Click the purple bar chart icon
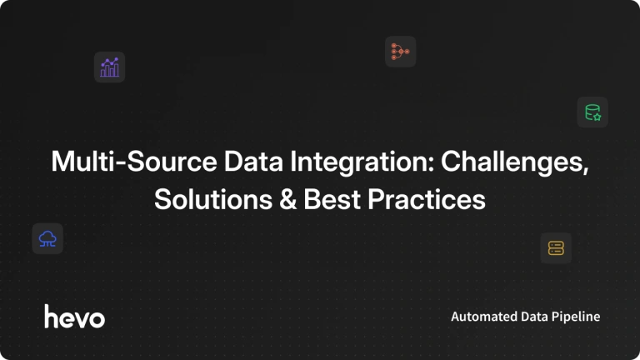pyautogui.click(x=109, y=67)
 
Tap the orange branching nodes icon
pyautogui.click(x=400, y=52)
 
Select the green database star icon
pyautogui.click(x=592, y=112)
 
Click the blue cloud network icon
pyautogui.click(x=47, y=239)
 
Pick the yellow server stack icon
pyautogui.click(x=556, y=248)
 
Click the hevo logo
pyautogui.click(x=75, y=316)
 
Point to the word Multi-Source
pyautogui.click(x=134, y=161)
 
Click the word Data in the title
pyautogui.click(x=253, y=161)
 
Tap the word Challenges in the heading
pyautogui.click(x=515, y=162)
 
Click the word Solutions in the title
pyautogui.click(x=213, y=199)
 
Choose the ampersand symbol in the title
pyautogui.click(x=287, y=199)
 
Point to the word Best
pyautogui.click(x=332, y=199)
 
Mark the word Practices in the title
pyautogui.click(x=427, y=199)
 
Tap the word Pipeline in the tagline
pyautogui.click(x=576, y=317)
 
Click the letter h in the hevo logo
pyautogui.click(x=52, y=316)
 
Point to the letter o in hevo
pyautogui.click(x=97, y=319)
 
